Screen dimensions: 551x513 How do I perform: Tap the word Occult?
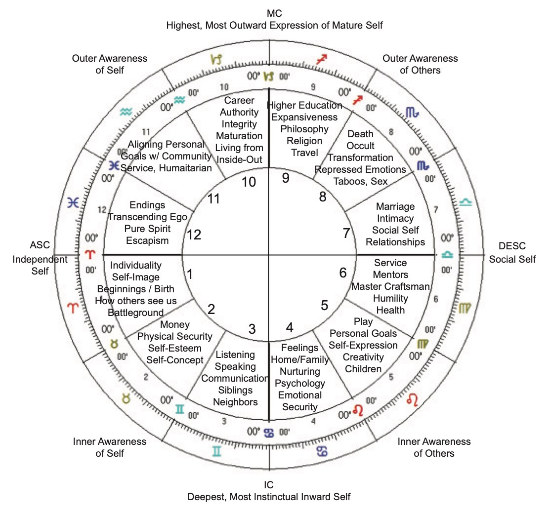360,146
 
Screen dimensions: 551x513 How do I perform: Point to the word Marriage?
395,206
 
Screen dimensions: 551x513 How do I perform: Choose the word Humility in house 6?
390,298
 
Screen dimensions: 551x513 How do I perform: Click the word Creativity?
363,357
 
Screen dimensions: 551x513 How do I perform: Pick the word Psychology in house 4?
300,383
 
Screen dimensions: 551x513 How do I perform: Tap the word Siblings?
235,391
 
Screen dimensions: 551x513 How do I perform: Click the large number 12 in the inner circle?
194,236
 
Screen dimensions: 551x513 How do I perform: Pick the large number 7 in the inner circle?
346,234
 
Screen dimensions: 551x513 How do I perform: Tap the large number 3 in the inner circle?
252,329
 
